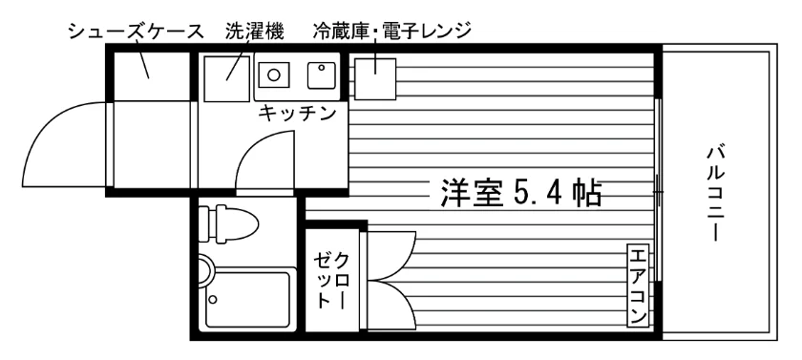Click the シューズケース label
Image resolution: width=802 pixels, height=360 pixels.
coord(136,32)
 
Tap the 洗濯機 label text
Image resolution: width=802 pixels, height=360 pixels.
coord(255,32)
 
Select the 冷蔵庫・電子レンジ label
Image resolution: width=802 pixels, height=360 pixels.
coord(391,32)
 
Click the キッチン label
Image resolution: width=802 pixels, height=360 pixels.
coord(296,113)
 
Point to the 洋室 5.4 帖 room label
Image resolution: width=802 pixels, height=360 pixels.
coord(520,193)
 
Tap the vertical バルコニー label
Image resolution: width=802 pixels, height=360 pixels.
coord(716,193)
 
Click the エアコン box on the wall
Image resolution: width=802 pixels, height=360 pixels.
coord(639,286)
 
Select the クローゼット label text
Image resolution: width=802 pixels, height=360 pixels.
coord(331,280)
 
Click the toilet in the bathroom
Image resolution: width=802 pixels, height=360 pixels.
coord(227,223)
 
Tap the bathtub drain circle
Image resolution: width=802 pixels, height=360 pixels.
coord(213,299)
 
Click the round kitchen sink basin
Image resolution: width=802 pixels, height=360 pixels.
coord(274,75)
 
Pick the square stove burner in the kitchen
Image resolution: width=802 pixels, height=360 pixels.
coord(321,75)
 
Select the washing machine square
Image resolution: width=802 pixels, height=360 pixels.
coord(227,78)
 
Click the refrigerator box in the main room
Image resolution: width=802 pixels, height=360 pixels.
coord(375,78)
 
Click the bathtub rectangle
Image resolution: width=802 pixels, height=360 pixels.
coord(247,299)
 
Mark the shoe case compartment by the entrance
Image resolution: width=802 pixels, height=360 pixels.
coord(151,76)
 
